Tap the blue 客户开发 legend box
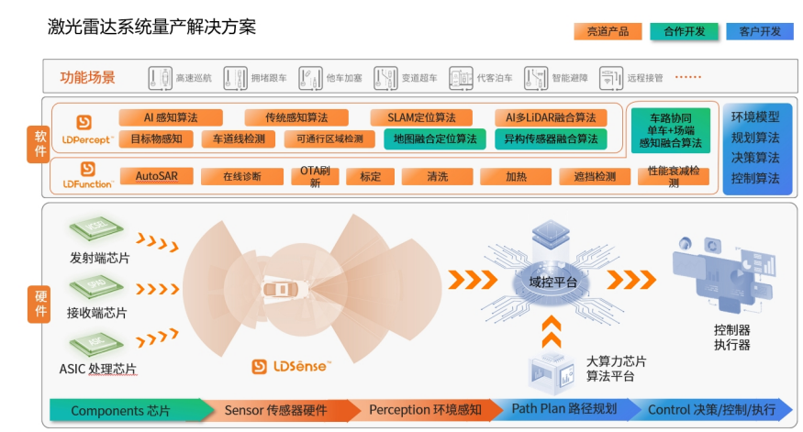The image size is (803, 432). pos(759,31)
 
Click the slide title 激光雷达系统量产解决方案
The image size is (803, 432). pos(151,27)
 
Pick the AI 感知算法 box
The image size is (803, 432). pos(170,117)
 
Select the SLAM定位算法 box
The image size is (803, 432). pos(421,117)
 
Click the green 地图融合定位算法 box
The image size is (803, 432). pos(434,139)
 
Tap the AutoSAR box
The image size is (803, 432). pos(156,176)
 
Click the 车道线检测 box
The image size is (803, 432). pos(239,139)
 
